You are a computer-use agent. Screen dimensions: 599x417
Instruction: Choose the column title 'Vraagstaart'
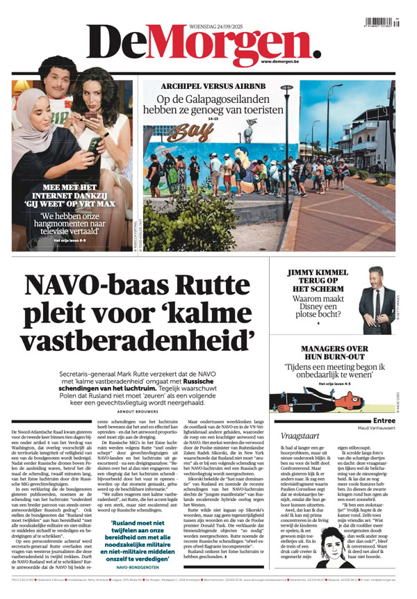coord(299,435)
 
